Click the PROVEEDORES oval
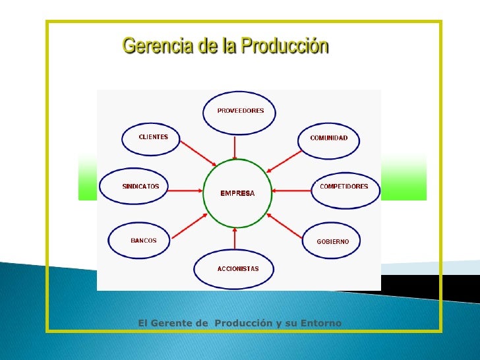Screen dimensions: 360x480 pyautogui.click(x=239, y=111)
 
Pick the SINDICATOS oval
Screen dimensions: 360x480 pyautogui.click(x=140, y=187)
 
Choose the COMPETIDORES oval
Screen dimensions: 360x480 pyautogui.click(x=344, y=187)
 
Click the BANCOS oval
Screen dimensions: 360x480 pyautogui.click(x=143, y=241)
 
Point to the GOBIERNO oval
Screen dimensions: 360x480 pyautogui.click(x=332, y=242)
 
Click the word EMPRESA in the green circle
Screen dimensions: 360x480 pyautogui.click(x=237, y=194)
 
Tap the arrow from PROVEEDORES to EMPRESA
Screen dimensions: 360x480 pyautogui.click(x=236, y=146)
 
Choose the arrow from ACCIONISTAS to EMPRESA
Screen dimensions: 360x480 pyautogui.click(x=236, y=239)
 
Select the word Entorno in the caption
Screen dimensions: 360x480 pyautogui.click(x=320, y=322)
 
